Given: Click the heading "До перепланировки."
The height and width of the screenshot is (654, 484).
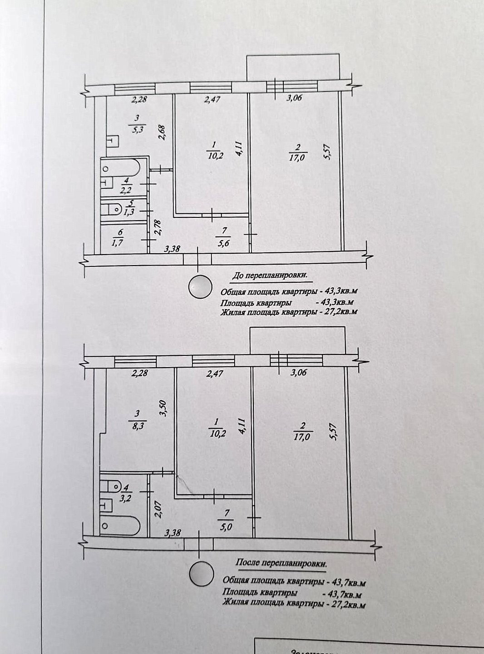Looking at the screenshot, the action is point(269,275).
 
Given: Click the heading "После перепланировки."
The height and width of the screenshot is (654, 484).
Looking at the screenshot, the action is point(281,563).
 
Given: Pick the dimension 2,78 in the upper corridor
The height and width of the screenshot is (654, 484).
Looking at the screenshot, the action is point(158,227).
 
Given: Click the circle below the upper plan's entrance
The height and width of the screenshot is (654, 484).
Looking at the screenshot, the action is point(200,287).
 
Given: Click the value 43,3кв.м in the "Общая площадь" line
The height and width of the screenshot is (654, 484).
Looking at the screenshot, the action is point(332,291).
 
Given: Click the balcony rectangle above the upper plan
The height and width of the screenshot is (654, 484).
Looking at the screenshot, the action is point(293,68).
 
